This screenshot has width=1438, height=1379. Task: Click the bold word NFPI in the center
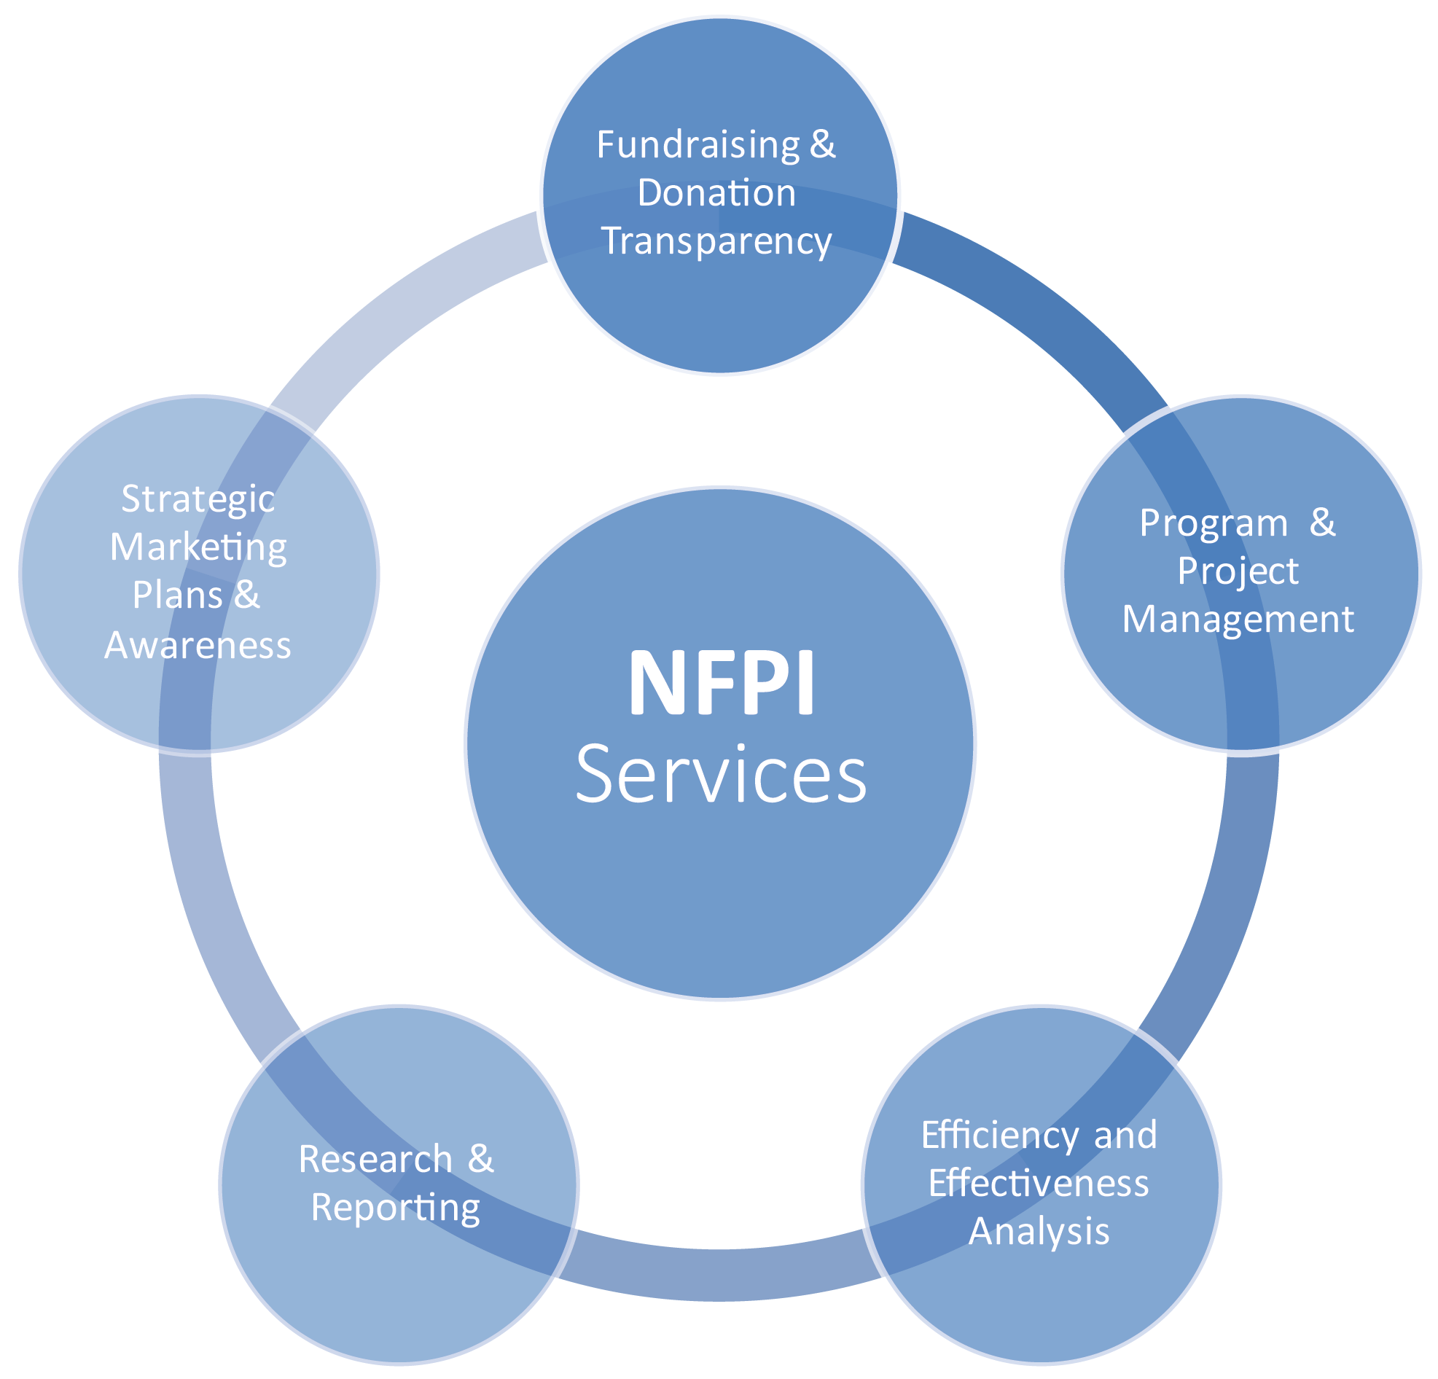pyautogui.click(x=722, y=683)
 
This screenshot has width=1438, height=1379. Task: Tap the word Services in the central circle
pyautogui.click(x=722, y=774)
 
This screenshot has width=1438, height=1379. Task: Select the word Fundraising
pyautogui.click(x=697, y=144)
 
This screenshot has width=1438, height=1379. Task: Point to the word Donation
pyautogui.click(x=716, y=193)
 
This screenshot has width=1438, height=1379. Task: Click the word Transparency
pyautogui.click(x=716, y=241)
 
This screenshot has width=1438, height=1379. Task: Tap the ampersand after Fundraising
pyautogui.click(x=822, y=144)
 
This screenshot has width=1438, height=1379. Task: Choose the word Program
pyautogui.click(x=1214, y=523)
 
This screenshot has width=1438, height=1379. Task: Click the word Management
pyautogui.click(x=1238, y=619)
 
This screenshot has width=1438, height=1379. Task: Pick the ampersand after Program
pyautogui.click(x=1322, y=523)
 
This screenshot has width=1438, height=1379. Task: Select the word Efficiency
pyautogui.click(x=999, y=1136)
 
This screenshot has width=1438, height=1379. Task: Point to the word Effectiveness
pyautogui.click(x=1038, y=1183)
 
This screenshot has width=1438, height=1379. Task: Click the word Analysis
pyautogui.click(x=1038, y=1231)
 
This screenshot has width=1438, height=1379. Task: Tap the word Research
pyautogui.click(x=375, y=1160)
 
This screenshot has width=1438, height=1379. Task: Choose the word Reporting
pyautogui.click(x=396, y=1208)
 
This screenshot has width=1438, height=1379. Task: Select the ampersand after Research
pyautogui.click(x=480, y=1159)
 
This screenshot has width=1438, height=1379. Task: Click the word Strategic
pyautogui.click(x=198, y=499)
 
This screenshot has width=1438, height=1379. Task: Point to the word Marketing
pyautogui.click(x=198, y=548)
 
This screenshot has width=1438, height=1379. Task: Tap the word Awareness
pyautogui.click(x=198, y=646)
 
